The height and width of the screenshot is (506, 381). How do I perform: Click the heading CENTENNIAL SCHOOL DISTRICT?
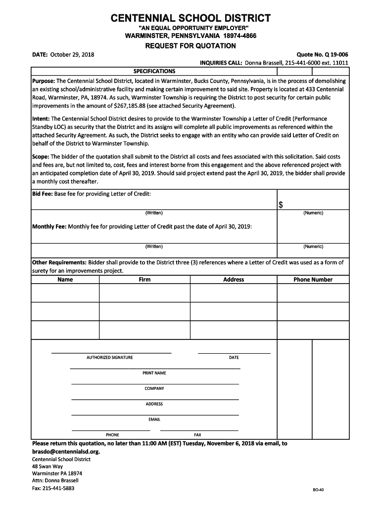point(190,19)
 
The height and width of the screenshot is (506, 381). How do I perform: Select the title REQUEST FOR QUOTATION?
point(190,46)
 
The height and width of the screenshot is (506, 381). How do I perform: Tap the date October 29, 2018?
point(72,54)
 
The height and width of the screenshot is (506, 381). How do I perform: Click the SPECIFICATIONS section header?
point(154,71)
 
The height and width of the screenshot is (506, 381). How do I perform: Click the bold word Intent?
point(41,119)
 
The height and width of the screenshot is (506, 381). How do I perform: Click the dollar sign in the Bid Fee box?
point(281,205)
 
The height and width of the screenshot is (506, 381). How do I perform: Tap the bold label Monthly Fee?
point(49,227)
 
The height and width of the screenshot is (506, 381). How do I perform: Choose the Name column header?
point(65,280)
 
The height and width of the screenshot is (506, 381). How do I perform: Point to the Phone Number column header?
point(313,280)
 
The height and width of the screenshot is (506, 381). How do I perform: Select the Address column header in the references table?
point(234,280)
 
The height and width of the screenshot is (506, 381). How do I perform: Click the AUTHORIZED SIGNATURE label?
point(109,357)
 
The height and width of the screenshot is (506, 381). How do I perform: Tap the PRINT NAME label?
point(154,373)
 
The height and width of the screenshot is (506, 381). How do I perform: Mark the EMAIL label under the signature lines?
point(154,420)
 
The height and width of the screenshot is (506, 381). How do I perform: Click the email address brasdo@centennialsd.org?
point(66,452)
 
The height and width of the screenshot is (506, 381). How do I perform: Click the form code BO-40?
point(318,490)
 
